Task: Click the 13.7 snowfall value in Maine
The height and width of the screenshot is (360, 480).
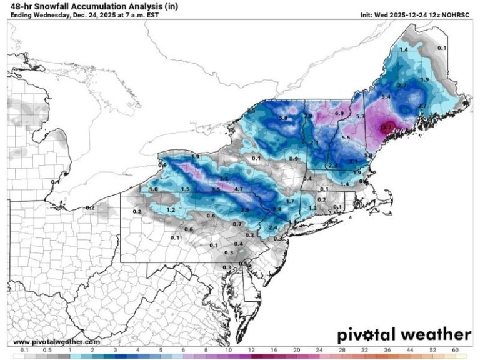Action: click(x=386, y=127)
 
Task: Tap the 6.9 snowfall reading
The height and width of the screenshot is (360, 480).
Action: click(x=339, y=113)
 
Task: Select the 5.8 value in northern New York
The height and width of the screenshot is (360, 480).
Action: click(x=283, y=118)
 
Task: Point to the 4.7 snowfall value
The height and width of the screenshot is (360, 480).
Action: click(x=238, y=189)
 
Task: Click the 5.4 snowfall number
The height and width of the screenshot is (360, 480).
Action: click(x=386, y=97)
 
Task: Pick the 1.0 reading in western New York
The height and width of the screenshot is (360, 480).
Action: click(x=153, y=189)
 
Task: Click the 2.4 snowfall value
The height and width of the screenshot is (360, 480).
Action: click(x=272, y=228)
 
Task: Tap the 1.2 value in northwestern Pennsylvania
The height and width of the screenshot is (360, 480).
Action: click(x=171, y=211)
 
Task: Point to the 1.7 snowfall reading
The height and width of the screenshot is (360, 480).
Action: click(x=290, y=202)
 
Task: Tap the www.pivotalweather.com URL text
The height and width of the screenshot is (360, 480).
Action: click(x=56, y=342)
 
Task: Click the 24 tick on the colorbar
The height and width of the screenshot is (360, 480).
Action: click(x=319, y=351)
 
